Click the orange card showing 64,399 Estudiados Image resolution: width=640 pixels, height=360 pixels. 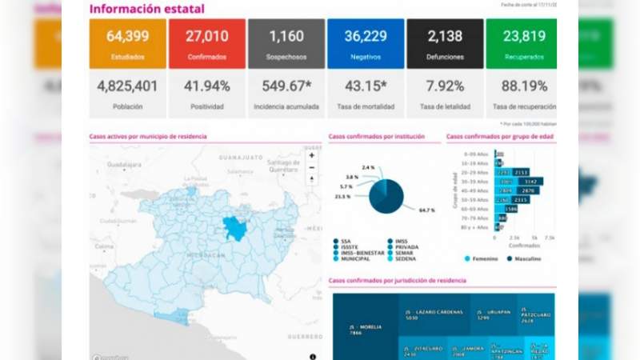coord(128,42)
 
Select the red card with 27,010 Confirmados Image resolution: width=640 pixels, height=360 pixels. coord(207,42)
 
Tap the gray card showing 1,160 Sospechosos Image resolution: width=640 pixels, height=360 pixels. coord(286,42)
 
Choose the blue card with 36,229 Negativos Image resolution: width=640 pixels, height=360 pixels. coord(366,42)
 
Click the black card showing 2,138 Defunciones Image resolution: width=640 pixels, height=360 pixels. coord(445,42)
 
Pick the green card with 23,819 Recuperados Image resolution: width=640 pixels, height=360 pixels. coord(521,42)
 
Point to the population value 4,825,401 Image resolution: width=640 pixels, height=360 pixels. coord(128,86)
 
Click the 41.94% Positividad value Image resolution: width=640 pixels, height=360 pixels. coord(207,86)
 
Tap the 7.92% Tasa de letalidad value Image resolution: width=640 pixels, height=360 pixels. coord(445,86)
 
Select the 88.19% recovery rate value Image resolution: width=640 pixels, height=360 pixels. coord(521,86)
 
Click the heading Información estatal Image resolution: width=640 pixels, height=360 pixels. coord(146,9)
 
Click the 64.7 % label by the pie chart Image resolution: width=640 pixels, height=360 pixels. coord(426,210)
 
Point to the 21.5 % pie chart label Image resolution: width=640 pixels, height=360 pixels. coord(342,196)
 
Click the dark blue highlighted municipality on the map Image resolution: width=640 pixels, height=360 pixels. coord(235,229)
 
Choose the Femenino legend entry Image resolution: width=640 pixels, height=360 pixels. coord(485,258)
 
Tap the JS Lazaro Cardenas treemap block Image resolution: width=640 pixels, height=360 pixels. coord(434,314)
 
